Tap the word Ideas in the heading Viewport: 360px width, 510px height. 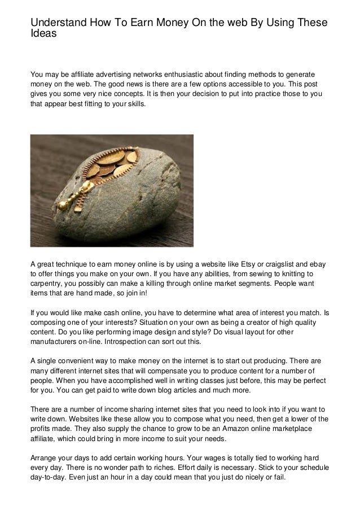(x=43, y=33)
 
